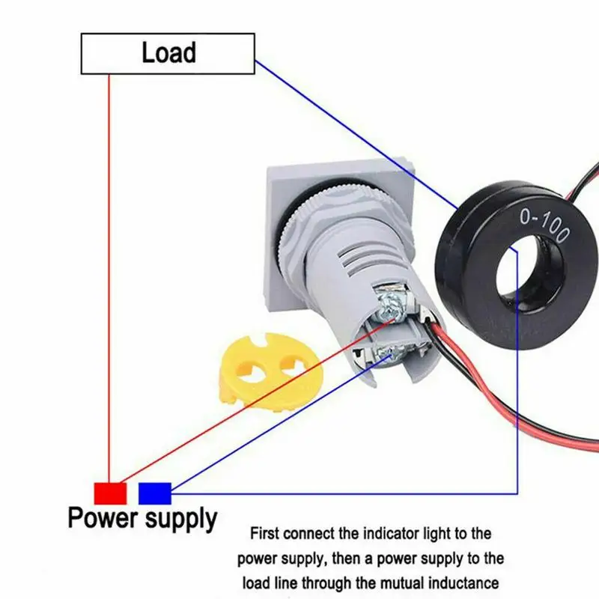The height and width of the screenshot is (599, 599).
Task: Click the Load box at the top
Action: tap(168, 54)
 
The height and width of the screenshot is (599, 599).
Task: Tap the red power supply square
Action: tap(110, 493)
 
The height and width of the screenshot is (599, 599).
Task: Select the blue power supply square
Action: tap(155, 493)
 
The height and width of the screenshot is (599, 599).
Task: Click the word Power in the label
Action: tap(102, 518)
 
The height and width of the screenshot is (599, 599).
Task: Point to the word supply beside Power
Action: tap(180, 519)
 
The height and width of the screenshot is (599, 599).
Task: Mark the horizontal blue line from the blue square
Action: tap(337, 493)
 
